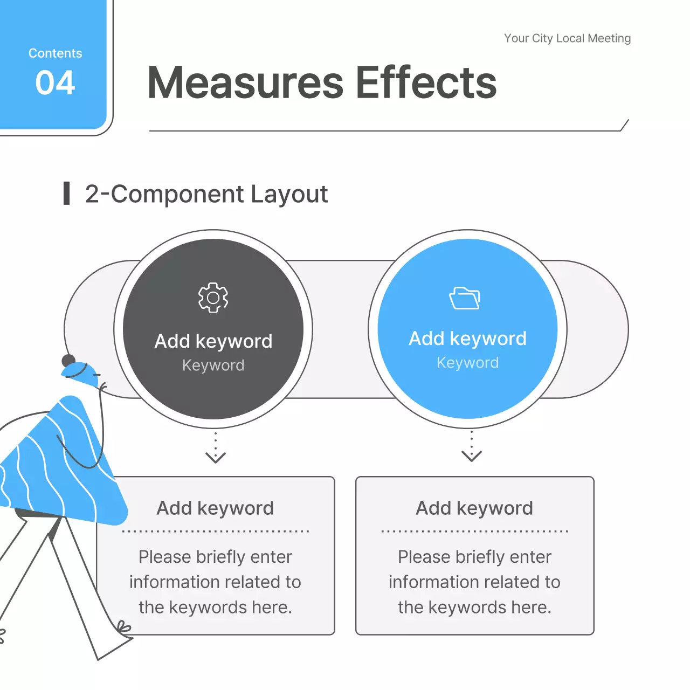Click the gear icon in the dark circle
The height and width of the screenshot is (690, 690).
pos(213,298)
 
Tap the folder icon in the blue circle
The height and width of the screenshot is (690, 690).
pos(465,298)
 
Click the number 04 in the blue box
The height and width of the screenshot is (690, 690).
pos(55,83)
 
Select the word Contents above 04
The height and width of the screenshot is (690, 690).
pos(55,53)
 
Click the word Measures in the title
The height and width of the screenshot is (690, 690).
pos(245,82)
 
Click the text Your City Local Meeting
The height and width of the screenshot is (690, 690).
pos(567,38)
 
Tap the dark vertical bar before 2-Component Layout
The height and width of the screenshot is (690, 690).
pos(67,194)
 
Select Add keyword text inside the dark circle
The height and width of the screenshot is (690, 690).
pos(213,341)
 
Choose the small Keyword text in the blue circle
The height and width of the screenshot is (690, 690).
pos(467,363)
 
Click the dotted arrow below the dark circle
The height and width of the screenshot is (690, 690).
pos(216,447)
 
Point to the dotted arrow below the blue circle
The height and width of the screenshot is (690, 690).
pos(472,446)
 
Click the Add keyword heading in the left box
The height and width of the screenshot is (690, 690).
pos(215,508)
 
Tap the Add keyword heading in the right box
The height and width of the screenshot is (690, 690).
pos(474,508)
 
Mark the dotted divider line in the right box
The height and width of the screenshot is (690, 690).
pos(474,532)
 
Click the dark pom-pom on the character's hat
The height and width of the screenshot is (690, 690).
pos(68,361)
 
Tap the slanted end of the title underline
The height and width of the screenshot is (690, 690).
pos(625,125)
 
